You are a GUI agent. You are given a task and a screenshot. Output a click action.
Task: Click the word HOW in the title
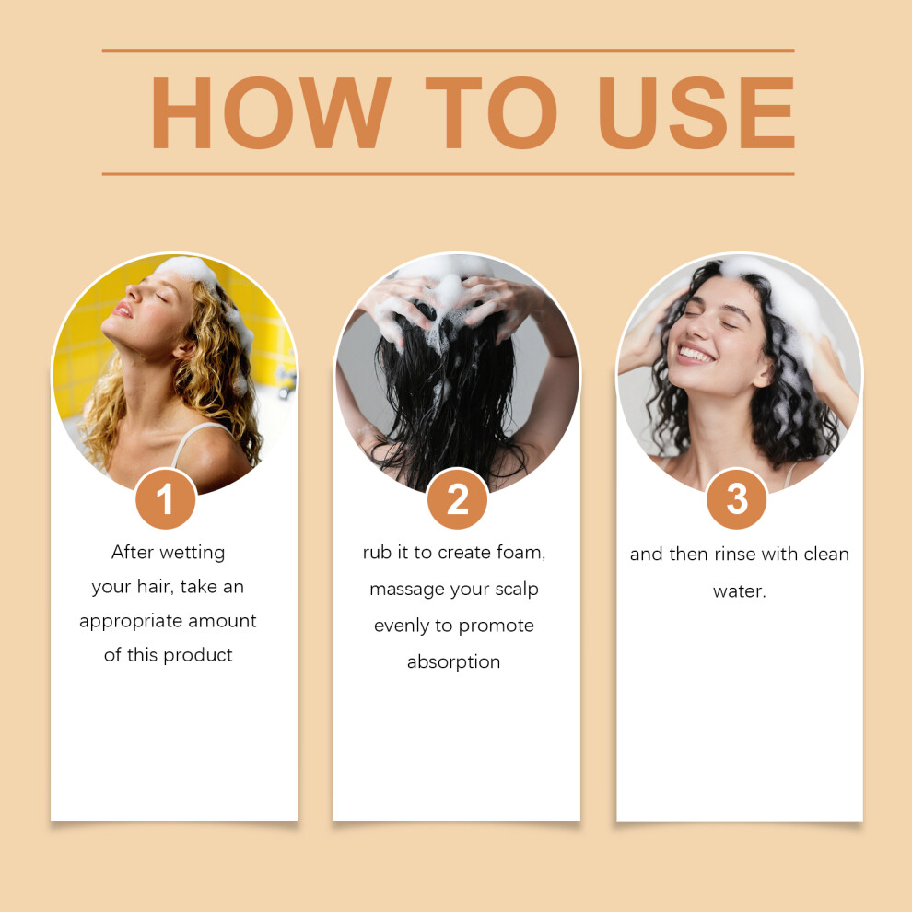pyautogui.click(x=271, y=112)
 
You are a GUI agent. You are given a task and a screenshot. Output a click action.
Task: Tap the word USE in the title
pyautogui.click(x=696, y=112)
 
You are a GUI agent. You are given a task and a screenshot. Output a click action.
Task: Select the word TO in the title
pyautogui.click(x=492, y=112)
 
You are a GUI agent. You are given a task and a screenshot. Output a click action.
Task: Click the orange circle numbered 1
pyautogui.click(x=166, y=499)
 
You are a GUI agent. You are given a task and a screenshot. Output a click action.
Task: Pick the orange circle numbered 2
pyautogui.click(x=457, y=499)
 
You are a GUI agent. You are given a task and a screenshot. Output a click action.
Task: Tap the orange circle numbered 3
pyautogui.click(x=737, y=499)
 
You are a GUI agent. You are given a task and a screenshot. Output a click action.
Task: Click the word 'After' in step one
pyautogui.click(x=132, y=552)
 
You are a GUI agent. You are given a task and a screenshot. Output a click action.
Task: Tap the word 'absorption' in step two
pyautogui.click(x=453, y=662)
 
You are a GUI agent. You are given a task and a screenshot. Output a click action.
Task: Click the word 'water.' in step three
pyautogui.click(x=739, y=591)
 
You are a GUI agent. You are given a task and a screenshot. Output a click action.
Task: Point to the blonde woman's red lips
pyautogui.click(x=123, y=309)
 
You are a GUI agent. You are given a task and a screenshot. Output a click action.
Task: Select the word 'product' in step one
pyautogui.click(x=198, y=656)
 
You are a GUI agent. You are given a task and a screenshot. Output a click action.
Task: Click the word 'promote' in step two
pyautogui.click(x=497, y=626)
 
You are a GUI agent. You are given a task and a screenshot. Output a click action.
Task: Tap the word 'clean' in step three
pyautogui.click(x=826, y=555)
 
